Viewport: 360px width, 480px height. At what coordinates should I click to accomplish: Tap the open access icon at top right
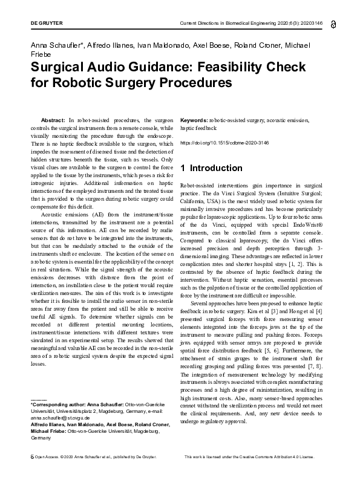pos(334,24)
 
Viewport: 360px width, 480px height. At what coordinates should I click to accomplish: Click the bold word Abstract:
pos(53,120)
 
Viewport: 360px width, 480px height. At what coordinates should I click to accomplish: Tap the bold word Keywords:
pos(194,120)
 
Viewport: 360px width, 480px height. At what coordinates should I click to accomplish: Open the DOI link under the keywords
pos(221,144)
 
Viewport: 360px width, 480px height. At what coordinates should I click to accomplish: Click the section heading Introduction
pos(215,168)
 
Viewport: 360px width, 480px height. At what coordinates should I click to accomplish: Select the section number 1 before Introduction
pos(183,168)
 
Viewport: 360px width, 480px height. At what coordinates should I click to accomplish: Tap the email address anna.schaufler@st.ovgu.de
pos(62,417)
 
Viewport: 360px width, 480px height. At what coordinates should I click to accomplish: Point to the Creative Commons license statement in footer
pos(249,473)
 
